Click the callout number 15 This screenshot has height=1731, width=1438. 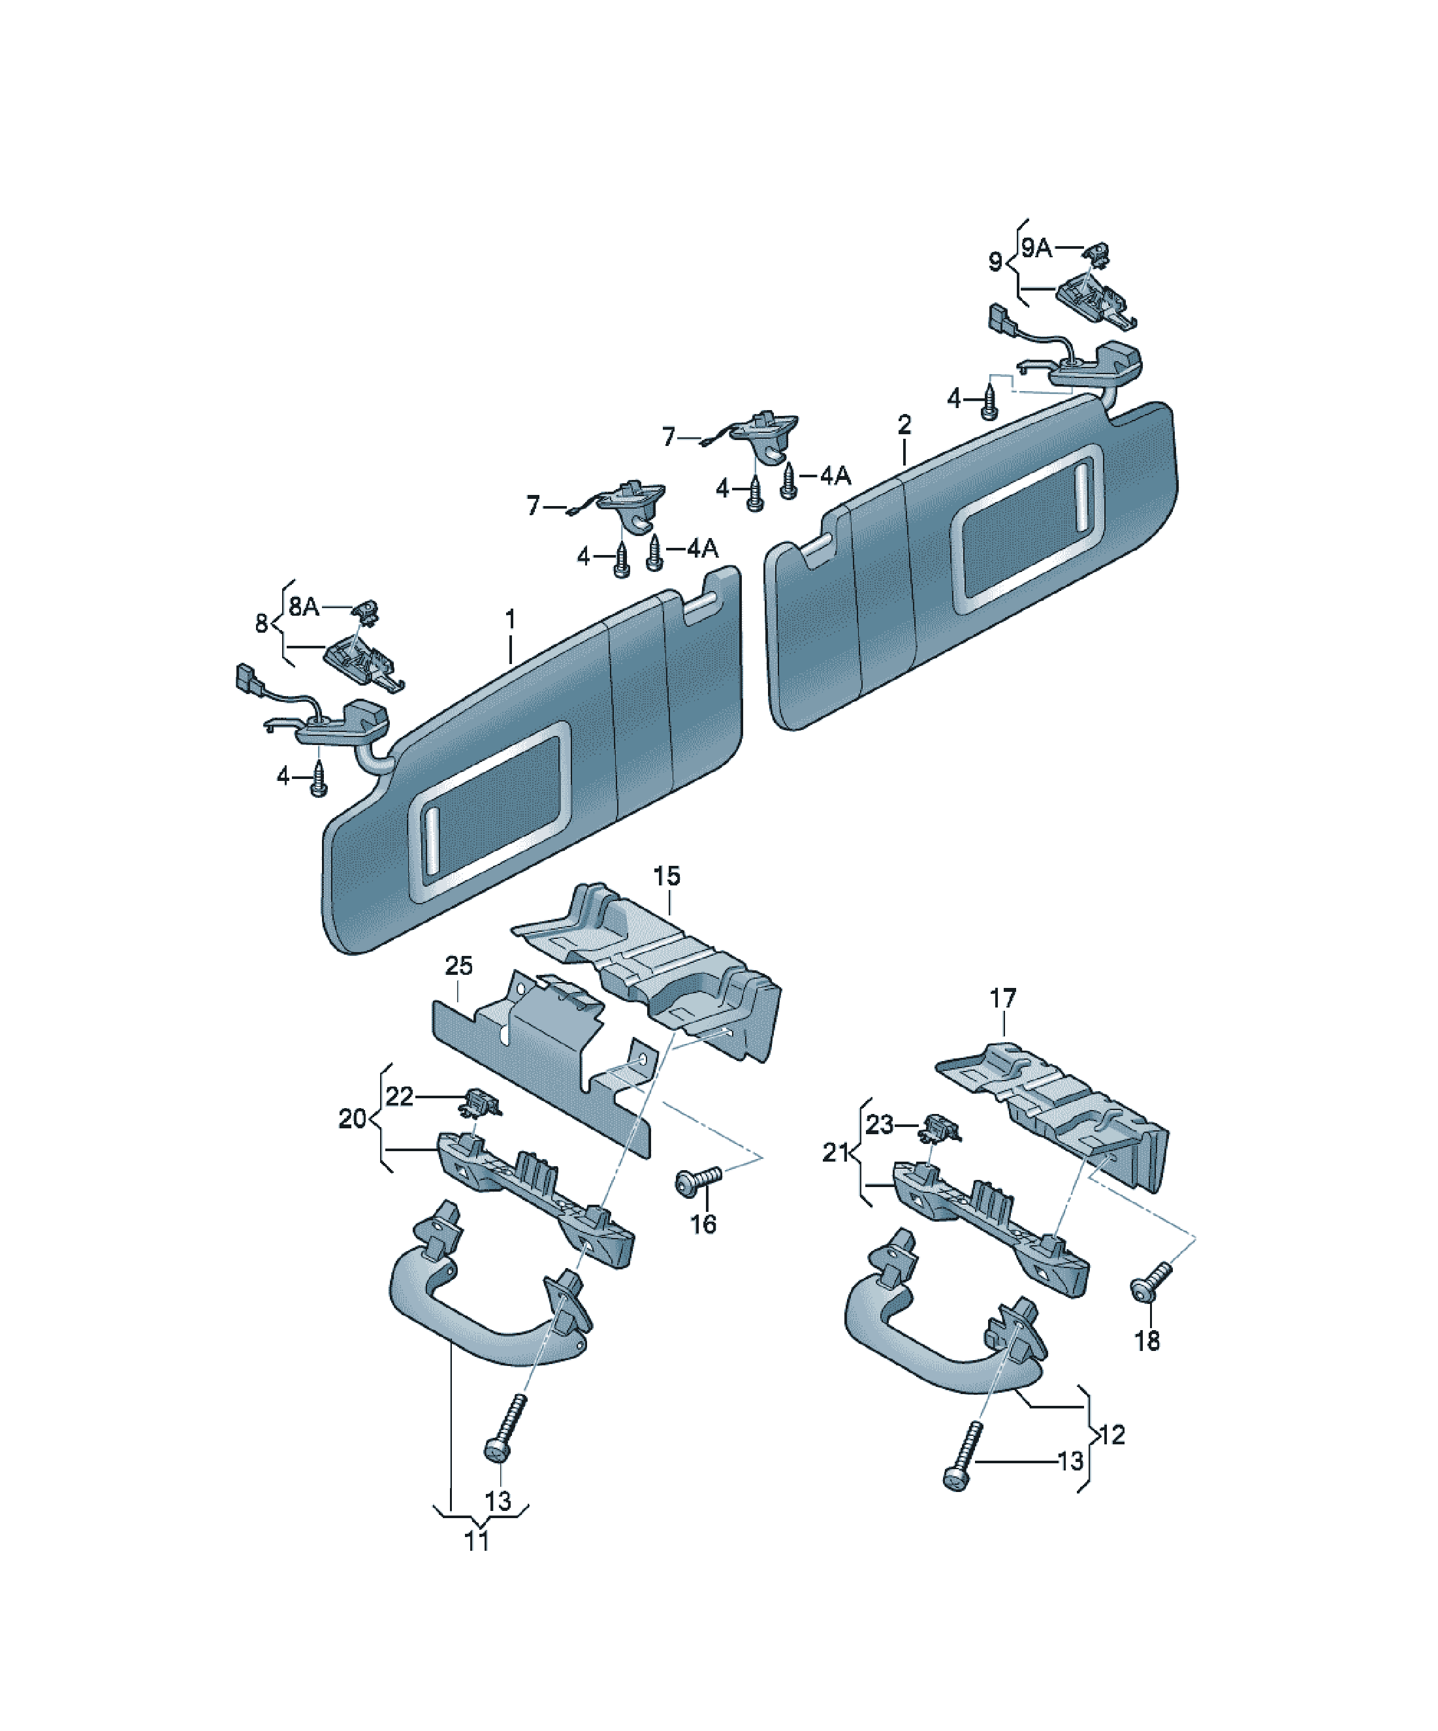click(x=666, y=876)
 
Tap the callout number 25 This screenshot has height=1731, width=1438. click(x=458, y=965)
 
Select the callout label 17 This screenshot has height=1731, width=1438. click(x=1002, y=999)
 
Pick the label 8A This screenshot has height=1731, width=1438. click(x=304, y=606)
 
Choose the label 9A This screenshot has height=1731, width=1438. click(x=1036, y=247)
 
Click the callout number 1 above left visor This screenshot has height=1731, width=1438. click(x=511, y=618)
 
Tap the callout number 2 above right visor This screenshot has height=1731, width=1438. click(x=904, y=424)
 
